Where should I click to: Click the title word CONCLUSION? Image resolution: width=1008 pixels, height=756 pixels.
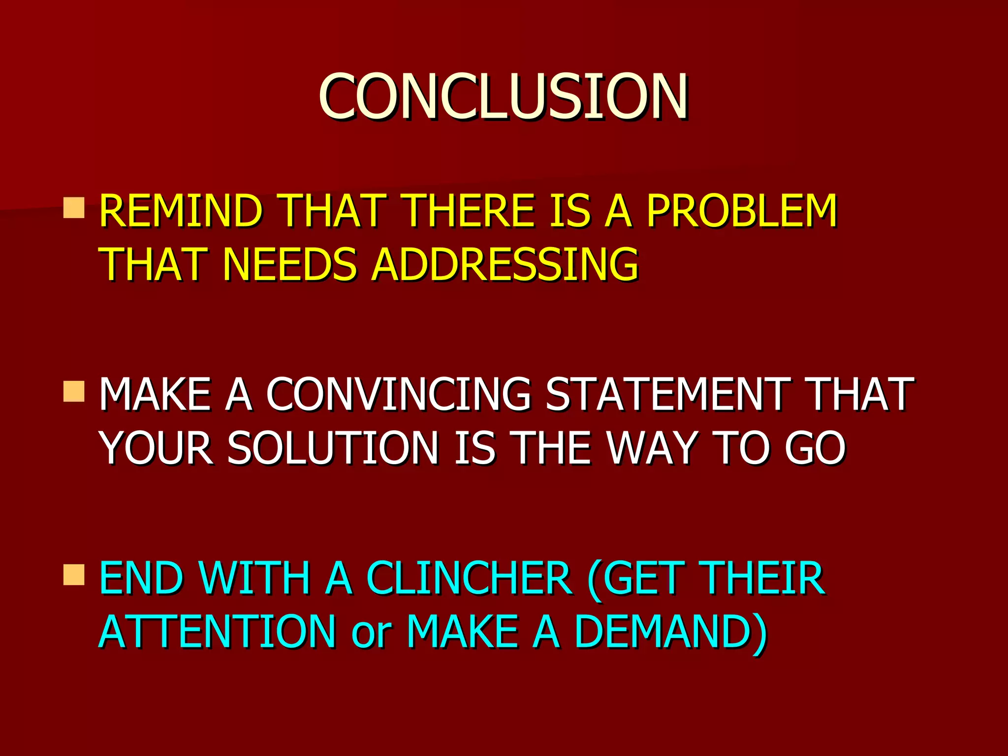[x=503, y=96]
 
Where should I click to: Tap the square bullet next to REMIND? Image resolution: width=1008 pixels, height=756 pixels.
[x=74, y=208]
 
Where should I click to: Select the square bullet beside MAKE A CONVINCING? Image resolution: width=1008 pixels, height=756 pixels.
[x=74, y=391]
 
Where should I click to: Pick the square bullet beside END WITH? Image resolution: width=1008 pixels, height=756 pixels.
[x=74, y=575]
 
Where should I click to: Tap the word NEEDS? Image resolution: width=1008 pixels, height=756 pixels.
[x=289, y=264]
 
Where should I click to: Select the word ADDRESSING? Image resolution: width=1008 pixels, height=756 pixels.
[x=505, y=264]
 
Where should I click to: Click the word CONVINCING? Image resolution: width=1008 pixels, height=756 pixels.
[x=399, y=394]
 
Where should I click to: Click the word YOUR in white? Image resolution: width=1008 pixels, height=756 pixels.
[x=157, y=448]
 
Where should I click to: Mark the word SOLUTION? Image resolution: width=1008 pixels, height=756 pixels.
[x=333, y=448]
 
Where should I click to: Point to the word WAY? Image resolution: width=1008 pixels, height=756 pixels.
[x=652, y=448]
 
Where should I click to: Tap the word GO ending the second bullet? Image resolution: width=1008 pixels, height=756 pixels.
[x=815, y=448]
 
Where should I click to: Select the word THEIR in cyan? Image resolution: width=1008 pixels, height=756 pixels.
[x=763, y=578]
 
